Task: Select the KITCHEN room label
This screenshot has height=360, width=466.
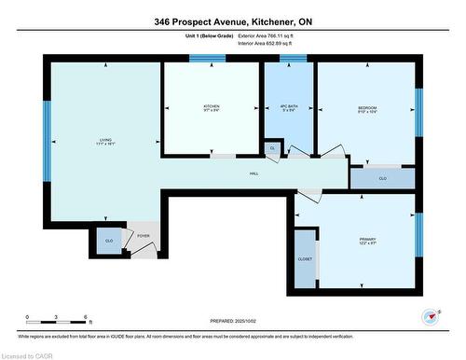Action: tap(212, 108)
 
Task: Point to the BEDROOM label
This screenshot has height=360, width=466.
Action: tap(366, 108)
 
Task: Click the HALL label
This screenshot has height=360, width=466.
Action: tap(254, 174)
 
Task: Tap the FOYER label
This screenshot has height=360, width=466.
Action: tap(143, 237)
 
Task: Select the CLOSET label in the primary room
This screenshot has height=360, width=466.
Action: tap(305, 258)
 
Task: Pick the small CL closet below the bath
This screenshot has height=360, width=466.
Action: tap(272, 148)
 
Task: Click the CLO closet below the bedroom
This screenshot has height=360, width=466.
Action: tap(382, 177)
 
